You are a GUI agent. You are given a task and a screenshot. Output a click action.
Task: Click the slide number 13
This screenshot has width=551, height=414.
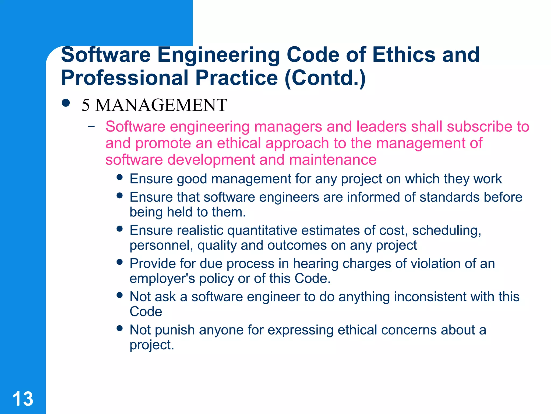[x=23, y=399]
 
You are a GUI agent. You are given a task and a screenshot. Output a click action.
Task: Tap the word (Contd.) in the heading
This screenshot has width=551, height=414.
[x=325, y=78]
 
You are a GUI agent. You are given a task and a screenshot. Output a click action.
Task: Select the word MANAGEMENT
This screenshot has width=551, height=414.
[x=161, y=105]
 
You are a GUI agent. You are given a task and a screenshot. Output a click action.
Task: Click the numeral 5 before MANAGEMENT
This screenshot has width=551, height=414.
[x=86, y=105]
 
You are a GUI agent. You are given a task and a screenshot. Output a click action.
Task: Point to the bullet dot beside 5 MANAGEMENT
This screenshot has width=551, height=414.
[x=66, y=103]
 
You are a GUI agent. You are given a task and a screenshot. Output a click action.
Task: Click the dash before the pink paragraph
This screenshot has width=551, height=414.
[x=91, y=126]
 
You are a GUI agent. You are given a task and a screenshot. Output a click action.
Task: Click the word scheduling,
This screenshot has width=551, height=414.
[x=447, y=231]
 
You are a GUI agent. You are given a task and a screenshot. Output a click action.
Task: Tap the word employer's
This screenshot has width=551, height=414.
[x=162, y=278]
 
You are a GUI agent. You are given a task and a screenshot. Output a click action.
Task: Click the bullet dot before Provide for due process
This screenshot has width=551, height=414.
[x=120, y=262]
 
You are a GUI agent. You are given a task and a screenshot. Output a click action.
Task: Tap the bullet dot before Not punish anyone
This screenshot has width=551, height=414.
[x=120, y=328]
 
